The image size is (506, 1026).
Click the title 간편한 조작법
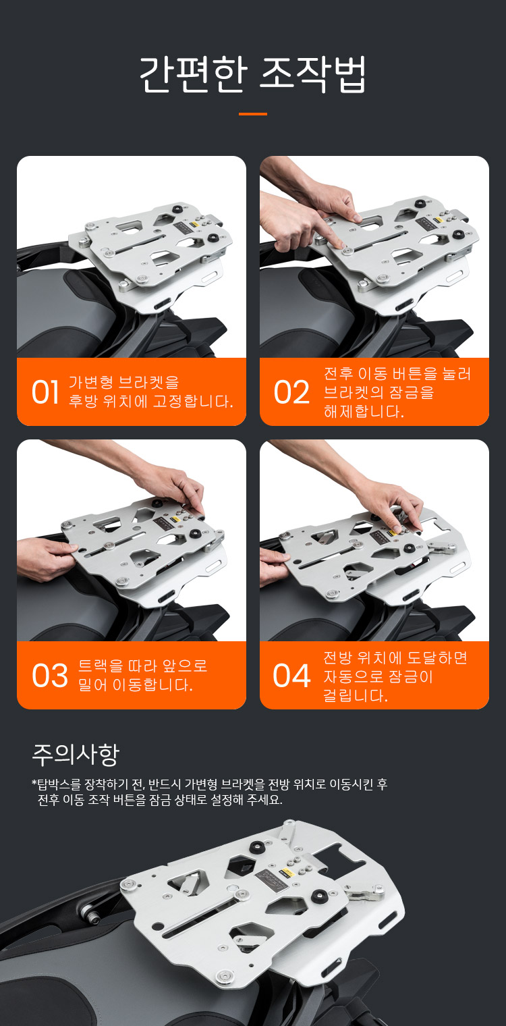253,75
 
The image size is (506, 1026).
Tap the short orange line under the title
253,113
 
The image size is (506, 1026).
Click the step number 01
45,393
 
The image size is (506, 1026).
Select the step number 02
291,393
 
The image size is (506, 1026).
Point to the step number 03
49,676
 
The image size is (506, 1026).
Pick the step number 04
291,676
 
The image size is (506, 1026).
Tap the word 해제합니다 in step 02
364,411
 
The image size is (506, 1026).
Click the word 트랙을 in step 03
101,666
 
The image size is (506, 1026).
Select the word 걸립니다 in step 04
356,695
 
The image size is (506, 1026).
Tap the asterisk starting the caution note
34,782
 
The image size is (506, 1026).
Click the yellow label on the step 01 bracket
194,225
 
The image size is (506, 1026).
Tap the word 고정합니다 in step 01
193,401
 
